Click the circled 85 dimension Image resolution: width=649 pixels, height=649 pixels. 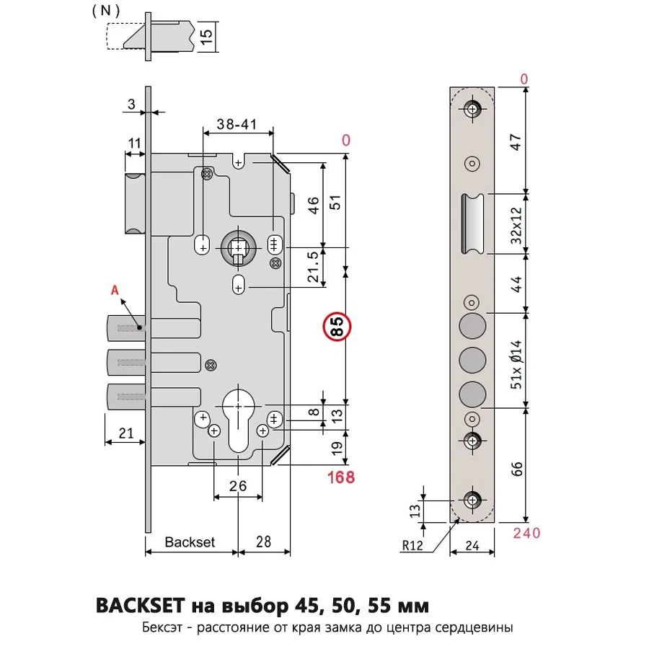tap(337, 327)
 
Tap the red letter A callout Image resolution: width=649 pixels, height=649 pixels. tap(115, 290)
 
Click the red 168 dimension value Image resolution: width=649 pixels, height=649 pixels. tap(341, 477)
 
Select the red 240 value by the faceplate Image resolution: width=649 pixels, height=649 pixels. tap(526, 533)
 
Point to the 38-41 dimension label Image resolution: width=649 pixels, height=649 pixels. tap(237, 124)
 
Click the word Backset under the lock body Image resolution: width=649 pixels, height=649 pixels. tap(190, 542)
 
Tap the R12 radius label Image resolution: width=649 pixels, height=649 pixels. tap(412, 546)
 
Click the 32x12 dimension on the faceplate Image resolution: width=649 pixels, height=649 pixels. tap(516, 226)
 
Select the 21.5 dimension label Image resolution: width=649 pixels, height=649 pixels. tap(314, 267)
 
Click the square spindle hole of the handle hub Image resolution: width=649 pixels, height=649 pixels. tap(238, 248)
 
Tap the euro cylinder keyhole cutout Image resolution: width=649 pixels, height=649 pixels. tap(238, 418)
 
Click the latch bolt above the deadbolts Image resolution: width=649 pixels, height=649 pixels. tap(136, 203)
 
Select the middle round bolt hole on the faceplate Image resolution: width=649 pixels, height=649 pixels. tap(472, 360)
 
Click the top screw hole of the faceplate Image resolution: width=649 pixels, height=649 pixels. tap(472, 110)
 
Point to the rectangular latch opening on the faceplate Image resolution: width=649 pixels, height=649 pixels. tap(472, 224)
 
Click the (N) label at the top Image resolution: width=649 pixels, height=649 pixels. tap(106, 10)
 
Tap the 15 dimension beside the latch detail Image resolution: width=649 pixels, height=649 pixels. tap(206, 37)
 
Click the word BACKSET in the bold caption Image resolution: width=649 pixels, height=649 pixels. tap(141, 606)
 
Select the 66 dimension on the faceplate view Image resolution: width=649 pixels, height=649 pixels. tap(517, 469)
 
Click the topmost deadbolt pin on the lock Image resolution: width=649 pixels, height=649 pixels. tap(127, 328)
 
